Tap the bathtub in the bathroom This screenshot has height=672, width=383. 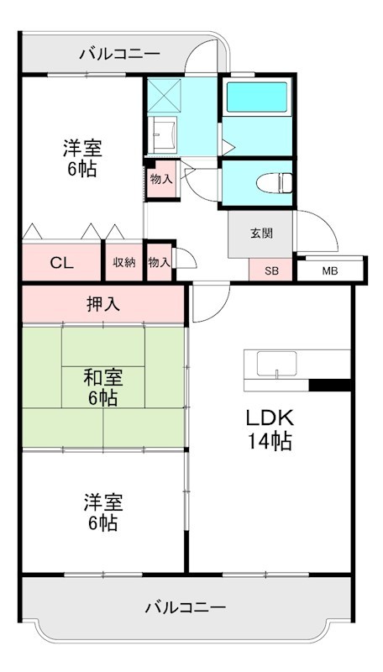tap(257, 97)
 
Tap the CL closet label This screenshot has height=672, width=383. tap(60, 262)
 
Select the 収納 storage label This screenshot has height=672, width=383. tap(124, 262)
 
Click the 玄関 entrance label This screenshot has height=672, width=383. tap(260, 234)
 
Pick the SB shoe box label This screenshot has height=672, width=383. tap(270, 270)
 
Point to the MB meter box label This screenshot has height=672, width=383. tap(330, 270)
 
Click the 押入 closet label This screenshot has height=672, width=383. tap(102, 303)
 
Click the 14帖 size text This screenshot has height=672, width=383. tap(269, 442)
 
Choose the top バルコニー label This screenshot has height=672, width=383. tap(119, 55)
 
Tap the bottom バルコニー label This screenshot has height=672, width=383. tap(185, 606)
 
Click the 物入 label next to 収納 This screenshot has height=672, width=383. tap(159, 262)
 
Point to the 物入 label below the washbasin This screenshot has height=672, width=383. tap(161, 178)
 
